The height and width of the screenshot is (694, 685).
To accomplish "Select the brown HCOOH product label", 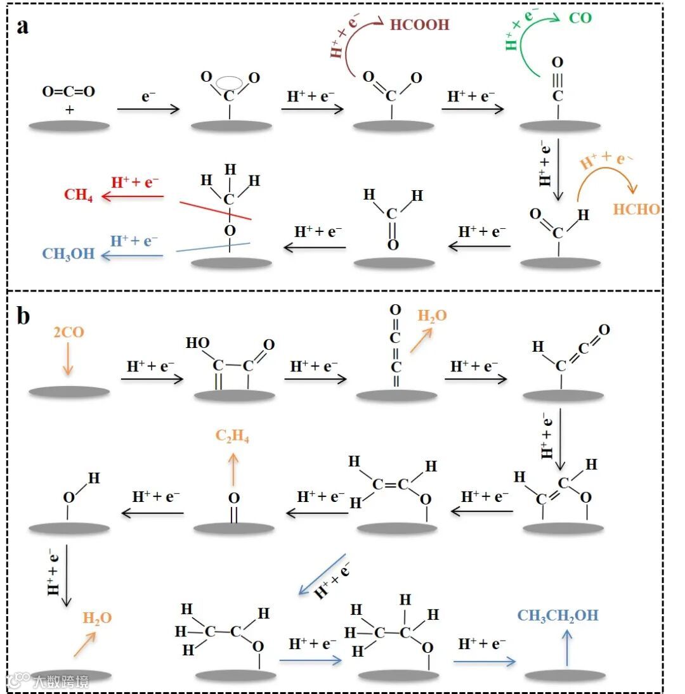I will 419,25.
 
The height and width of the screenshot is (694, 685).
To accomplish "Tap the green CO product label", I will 580,17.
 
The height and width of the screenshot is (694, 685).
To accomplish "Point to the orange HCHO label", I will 636,209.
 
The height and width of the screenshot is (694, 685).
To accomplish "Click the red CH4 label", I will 79,195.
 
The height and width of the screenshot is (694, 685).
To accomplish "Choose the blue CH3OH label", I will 68,254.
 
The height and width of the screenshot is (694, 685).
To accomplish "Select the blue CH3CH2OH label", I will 558,615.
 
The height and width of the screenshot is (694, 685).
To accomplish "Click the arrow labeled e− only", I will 149,110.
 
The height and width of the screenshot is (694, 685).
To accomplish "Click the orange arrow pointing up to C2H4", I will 233,468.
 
